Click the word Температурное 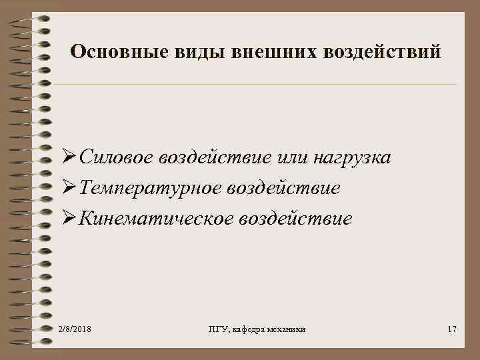coord(149,189)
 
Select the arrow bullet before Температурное coord(67,189)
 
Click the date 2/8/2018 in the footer coord(75,330)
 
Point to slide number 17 coord(451,330)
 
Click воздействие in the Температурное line coord(284,189)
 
